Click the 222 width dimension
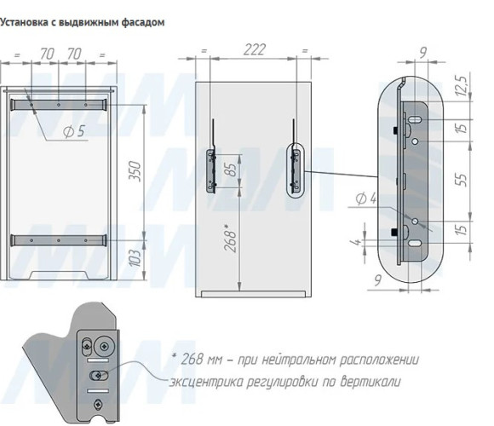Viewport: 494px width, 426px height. pyautogui.click(x=255, y=49)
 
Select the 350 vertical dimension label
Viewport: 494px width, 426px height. pyautogui.click(x=135, y=171)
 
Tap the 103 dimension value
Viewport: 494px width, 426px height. pyautogui.click(x=135, y=258)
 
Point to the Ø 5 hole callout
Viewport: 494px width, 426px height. pyautogui.click(x=74, y=131)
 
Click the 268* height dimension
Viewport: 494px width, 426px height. pyautogui.click(x=230, y=238)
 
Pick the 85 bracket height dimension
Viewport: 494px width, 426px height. pyautogui.click(x=232, y=170)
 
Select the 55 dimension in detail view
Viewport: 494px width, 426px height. pyautogui.click(x=462, y=180)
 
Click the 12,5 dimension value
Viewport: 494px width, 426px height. pyautogui.click(x=462, y=85)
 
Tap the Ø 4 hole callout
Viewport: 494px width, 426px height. pyautogui.click(x=366, y=199)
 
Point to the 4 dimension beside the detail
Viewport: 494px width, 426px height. pyautogui.click(x=356, y=242)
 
